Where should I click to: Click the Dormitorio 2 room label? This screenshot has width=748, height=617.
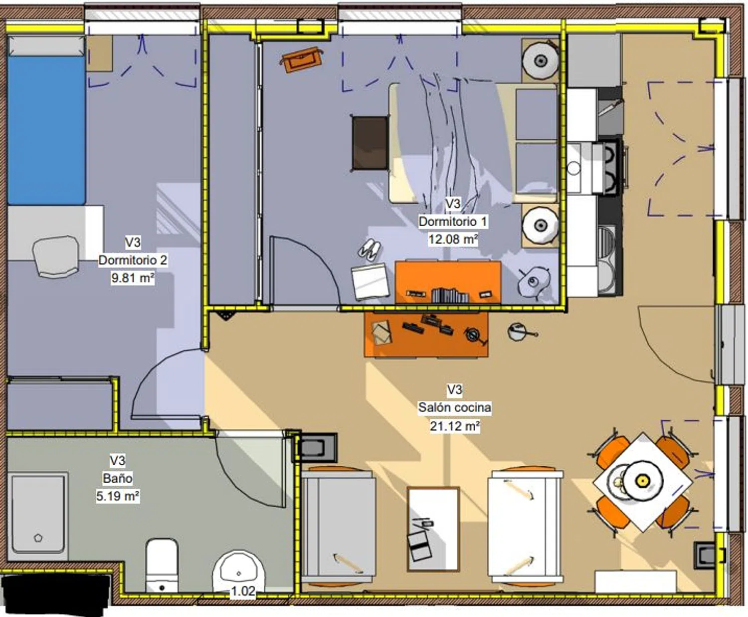click(133, 260)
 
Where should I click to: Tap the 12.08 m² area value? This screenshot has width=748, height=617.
click(453, 239)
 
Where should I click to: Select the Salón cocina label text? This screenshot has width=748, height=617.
click(455, 407)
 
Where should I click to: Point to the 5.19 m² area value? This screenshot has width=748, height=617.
click(118, 496)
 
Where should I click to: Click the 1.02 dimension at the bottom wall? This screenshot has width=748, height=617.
click(243, 591)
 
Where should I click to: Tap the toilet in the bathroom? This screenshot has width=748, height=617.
click(162, 566)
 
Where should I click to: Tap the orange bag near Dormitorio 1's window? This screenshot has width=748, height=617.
click(301, 60)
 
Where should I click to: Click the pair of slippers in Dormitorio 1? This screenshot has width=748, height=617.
click(370, 249)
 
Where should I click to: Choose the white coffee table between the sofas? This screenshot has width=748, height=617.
click(433, 529)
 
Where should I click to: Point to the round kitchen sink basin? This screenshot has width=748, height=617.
click(574, 168)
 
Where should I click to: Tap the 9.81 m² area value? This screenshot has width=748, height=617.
click(133, 278)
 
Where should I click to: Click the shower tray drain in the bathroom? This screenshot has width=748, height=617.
click(38, 538)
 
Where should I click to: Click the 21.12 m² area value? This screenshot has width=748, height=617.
click(455, 426)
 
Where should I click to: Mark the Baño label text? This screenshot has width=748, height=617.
click(118, 478)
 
